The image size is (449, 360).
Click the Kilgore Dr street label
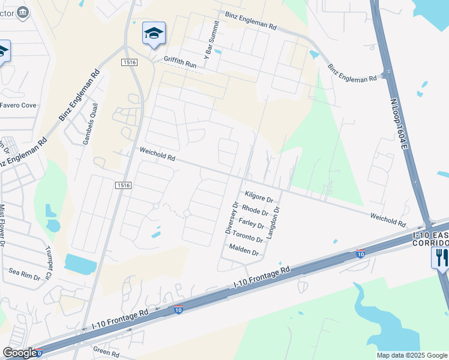(259, 196)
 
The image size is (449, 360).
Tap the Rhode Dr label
(255, 211)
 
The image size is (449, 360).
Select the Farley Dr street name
(252, 224)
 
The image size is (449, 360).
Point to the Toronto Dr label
(247, 237)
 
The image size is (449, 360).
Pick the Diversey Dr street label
(232, 217)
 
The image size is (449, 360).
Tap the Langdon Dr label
(273, 223)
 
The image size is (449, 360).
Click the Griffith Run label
(180, 62)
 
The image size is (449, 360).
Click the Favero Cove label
(18, 105)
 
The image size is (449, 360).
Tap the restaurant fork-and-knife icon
(440, 258)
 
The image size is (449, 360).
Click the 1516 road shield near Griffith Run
(129, 62)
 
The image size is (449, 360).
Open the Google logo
(20, 353)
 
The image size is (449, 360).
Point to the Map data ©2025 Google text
(411, 355)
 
